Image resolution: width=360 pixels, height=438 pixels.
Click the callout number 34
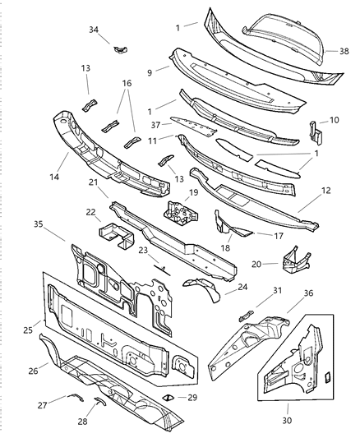94,30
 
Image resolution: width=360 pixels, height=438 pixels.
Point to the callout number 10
333,120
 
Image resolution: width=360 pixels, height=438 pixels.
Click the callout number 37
155,126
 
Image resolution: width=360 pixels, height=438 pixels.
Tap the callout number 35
38,224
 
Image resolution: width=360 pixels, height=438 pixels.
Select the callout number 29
192,397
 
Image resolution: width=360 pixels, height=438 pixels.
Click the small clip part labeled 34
121,49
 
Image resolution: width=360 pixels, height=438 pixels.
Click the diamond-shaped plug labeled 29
167,397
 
